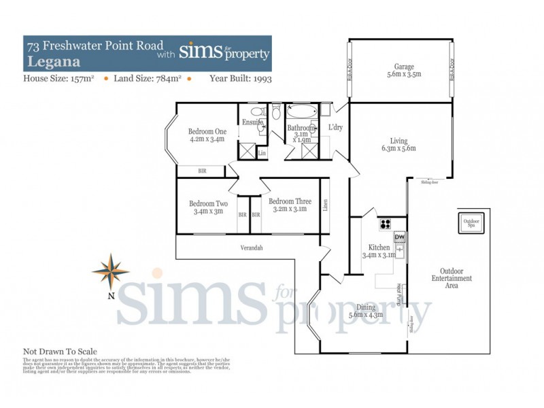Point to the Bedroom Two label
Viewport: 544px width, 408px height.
coord(208,207)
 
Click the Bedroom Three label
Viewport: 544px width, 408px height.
coord(290,205)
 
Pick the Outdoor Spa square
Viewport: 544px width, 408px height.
coord(471,224)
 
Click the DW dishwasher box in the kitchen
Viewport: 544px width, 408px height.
coord(400,237)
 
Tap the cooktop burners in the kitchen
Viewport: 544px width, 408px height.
coord(386,224)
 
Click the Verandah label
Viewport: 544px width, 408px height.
coord(250,248)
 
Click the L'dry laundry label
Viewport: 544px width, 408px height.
coord(335,128)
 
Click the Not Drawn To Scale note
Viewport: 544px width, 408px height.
coord(60,352)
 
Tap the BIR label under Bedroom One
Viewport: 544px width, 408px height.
coord(202,171)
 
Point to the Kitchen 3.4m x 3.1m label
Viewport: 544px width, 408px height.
coord(379,251)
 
